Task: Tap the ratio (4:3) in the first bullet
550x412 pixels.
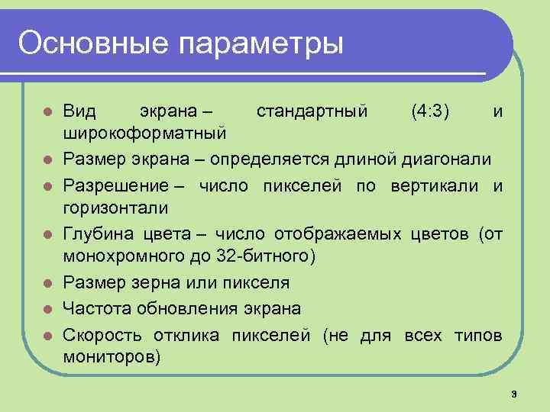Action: pos(430,111)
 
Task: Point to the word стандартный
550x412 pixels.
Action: pos(312,111)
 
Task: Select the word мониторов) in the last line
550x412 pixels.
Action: pos(112,356)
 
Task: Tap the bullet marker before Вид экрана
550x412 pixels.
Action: pos(47,112)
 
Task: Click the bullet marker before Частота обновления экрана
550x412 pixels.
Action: pos(47,308)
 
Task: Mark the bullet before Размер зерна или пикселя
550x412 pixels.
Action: pos(47,284)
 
